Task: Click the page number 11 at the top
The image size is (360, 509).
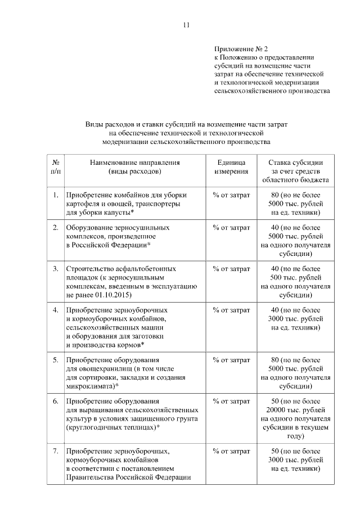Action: pyautogui.click(x=187, y=25)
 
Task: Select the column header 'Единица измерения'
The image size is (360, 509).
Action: pyautogui.click(x=231, y=167)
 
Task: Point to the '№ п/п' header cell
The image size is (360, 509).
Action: pyautogui.click(x=56, y=167)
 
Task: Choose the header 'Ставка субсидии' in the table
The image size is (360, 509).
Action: pyautogui.click(x=295, y=163)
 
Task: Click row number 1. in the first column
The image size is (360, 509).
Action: pyautogui.click(x=56, y=195)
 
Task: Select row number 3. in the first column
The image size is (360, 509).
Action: pyautogui.click(x=56, y=269)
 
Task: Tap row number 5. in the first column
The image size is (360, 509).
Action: pyautogui.click(x=56, y=359)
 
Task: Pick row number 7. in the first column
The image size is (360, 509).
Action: pyautogui.click(x=56, y=452)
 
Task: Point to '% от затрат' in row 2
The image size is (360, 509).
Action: pyautogui.click(x=231, y=228)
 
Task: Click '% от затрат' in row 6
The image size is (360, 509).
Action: pyautogui.click(x=231, y=402)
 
